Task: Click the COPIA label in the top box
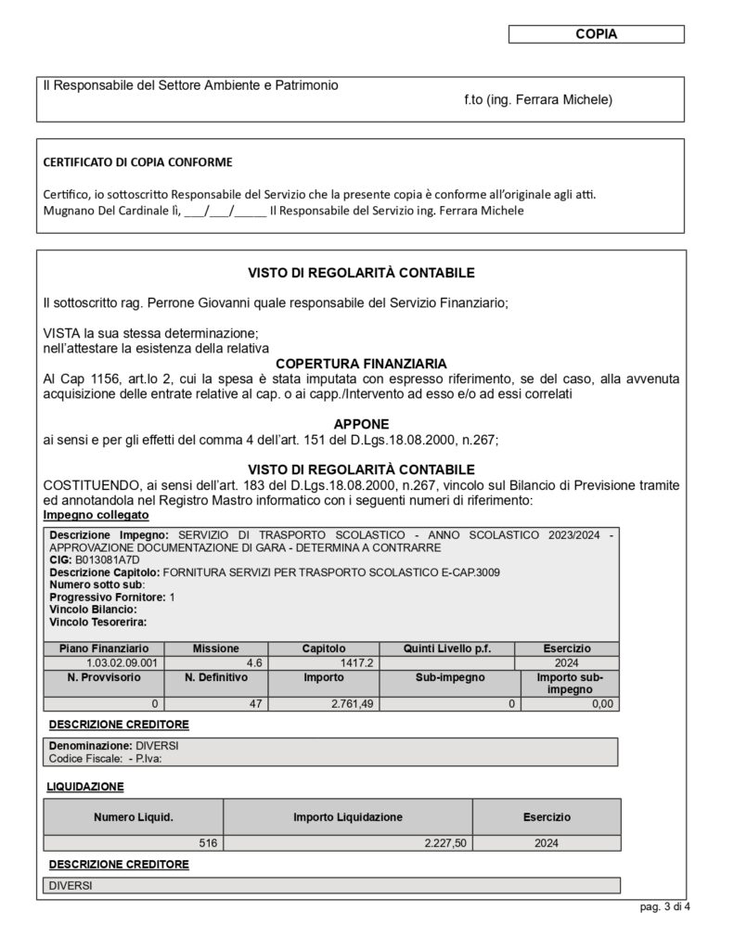click(x=596, y=34)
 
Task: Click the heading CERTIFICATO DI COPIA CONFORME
click(x=138, y=161)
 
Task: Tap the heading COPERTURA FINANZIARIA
click(x=361, y=363)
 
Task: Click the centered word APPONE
click(x=361, y=423)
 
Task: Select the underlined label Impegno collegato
click(x=96, y=515)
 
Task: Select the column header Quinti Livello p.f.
click(x=446, y=648)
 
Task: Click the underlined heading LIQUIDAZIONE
click(x=85, y=786)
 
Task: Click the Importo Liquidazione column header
click(x=348, y=817)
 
